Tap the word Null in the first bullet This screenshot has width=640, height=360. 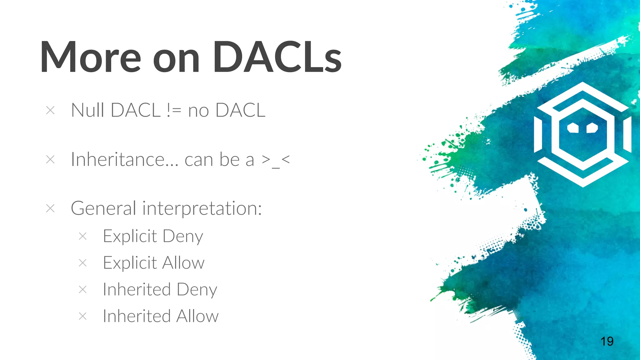pyautogui.click(x=87, y=110)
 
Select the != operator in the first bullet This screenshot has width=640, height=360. pyautogui.click(x=174, y=110)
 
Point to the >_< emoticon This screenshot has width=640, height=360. pyautogui.click(x=276, y=160)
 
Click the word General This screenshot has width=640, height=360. pyautogui.click(x=103, y=208)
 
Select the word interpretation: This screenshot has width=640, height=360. pyautogui.click(x=202, y=209)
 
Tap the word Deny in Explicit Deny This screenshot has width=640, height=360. pyautogui.click(x=183, y=237)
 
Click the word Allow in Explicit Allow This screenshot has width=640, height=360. pyautogui.click(x=183, y=263)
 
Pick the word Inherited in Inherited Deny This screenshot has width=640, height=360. pyautogui.click(x=137, y=289)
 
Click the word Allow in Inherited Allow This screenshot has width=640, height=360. pyautogui.click(x=197, y=316)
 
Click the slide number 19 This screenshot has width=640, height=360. pyautogui.click(x=607, y=341)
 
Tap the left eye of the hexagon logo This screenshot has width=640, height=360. pyautogui.click(x=573, y=127)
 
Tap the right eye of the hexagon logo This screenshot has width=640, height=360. pyautogui.click(x=592, y=127)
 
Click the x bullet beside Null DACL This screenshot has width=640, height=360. pyautogui.click(x=50, y=110)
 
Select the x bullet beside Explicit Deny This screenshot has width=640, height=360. pyautogui.click(x=82, y=236)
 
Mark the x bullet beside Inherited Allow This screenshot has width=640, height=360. pyautogui.click(x=82, y=316)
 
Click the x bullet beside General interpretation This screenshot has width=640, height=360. pyautogui.click(x=50, y=208)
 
